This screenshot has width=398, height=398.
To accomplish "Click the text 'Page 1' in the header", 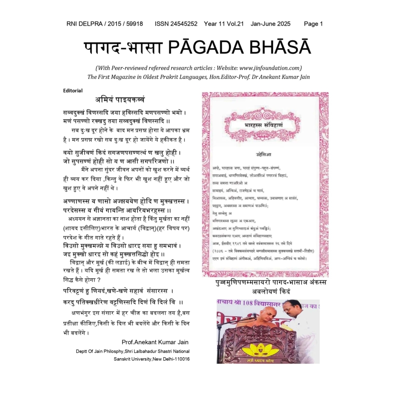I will click(x=313, y=24).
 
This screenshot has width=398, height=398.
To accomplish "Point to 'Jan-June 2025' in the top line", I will click(x=271, y=24).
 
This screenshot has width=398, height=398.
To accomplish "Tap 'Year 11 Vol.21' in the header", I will click(x=224, y=24).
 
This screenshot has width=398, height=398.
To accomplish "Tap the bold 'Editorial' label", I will click(x=73, y=91).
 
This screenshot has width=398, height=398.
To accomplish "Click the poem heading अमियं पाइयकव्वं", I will click(x=120, y=99).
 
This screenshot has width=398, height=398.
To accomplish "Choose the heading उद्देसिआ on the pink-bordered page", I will click(x=264, y=154).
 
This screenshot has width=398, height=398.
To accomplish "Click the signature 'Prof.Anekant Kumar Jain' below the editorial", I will click(x=155, y=342).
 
